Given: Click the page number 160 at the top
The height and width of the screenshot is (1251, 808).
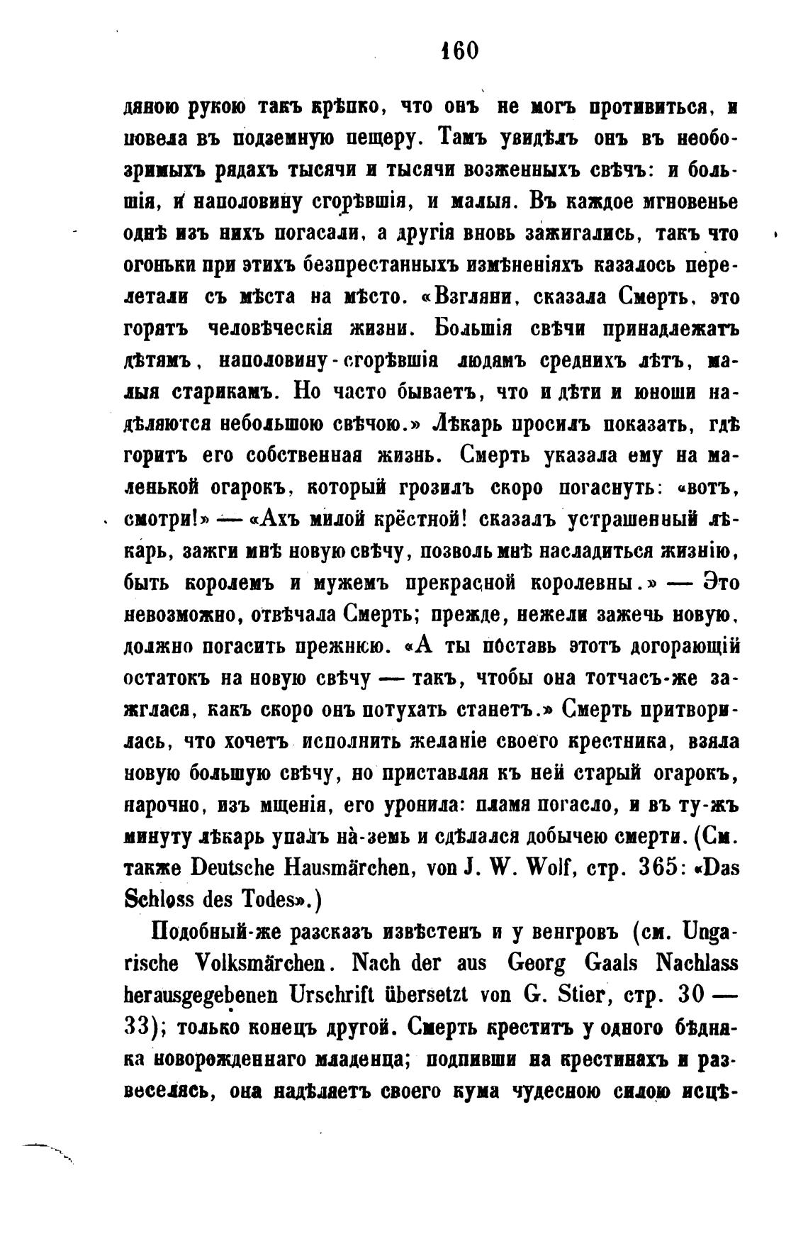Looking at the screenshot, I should point(459,51).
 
